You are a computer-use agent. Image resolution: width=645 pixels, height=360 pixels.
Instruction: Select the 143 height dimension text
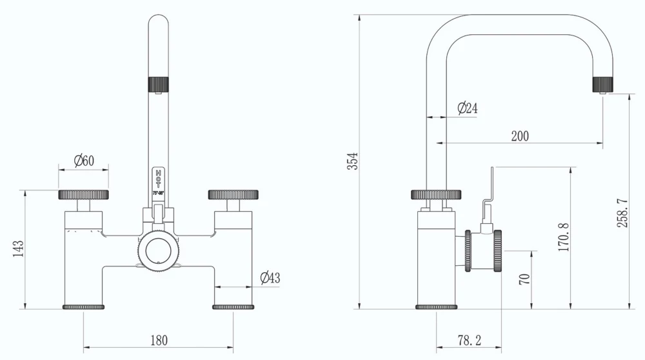click(18, 249)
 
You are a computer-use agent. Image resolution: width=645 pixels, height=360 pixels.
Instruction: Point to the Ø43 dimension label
click(270, 278)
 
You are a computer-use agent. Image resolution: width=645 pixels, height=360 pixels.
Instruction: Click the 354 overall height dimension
click(352, 161)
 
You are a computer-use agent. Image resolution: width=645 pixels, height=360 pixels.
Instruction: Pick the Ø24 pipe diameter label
click(467, 108)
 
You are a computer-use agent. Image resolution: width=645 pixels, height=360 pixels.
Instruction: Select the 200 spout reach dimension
click(520, 135)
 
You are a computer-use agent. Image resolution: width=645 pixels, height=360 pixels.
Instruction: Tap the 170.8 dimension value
click(563, 237)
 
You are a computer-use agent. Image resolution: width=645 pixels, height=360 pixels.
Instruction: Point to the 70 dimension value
click(524, 279)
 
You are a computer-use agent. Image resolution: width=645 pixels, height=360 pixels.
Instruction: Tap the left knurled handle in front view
click(83, 194)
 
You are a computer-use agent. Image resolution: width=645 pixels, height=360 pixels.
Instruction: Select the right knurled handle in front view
click(233, 194)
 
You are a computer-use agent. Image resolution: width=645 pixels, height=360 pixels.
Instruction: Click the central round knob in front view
click(159, 248)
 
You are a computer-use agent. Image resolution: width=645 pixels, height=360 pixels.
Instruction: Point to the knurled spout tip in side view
click(602, 84)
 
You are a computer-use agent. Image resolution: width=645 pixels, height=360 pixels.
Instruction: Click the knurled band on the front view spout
click(159, 84)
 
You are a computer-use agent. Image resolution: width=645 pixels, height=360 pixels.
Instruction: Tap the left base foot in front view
click(84, 306)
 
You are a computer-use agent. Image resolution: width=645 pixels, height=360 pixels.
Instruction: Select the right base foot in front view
click(233, 306)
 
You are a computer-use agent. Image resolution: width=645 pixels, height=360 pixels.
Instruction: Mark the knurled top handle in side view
click(437, 194)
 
